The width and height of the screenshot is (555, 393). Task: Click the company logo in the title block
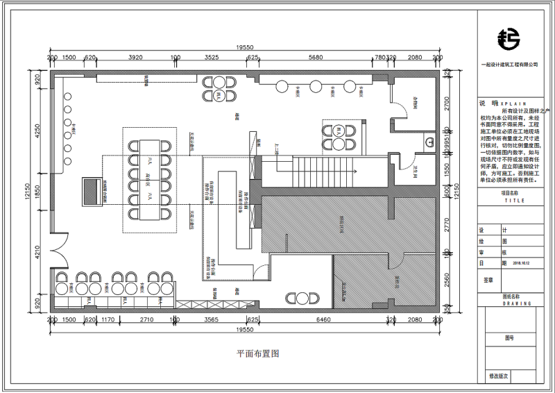point(509,40)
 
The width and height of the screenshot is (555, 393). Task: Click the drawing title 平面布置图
point(257,353)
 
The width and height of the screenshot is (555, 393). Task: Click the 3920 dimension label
point(135,58)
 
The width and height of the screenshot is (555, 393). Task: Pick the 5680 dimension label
point(316,58)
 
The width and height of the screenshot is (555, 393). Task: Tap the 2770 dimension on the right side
point(448,224)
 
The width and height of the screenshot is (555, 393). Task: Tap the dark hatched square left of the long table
point(92,191)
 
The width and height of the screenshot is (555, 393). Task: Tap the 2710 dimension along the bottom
point(146,320)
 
